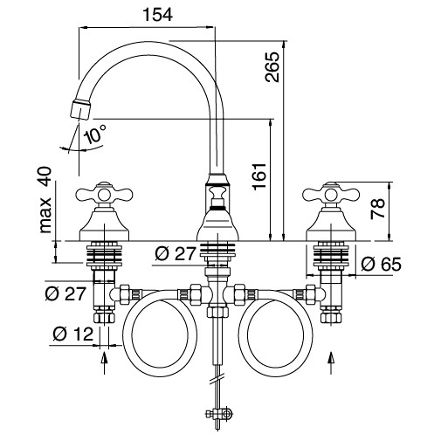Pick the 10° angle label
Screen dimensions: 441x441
click(x=94, y=134)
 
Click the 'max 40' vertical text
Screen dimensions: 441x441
click(x=45, y=200)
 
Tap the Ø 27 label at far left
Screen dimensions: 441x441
click(x=66, y=293)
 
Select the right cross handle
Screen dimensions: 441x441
click(x=331, y=191)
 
